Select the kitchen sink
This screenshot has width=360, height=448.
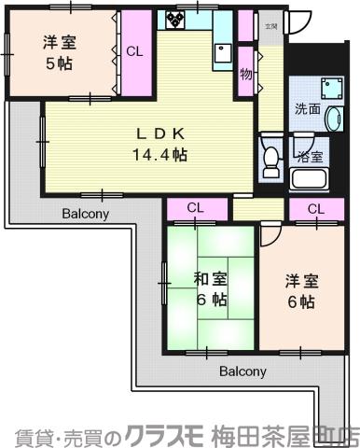tap(221, 50)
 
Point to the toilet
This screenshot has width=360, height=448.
tap(270, 158)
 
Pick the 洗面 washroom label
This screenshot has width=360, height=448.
tap(307, 108)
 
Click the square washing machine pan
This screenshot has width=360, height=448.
tap(330, 88)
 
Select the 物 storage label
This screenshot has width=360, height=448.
tap(246, 74)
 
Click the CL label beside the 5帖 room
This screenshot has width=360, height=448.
tap(135, 51)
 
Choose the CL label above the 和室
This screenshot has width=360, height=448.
tap(195, 208)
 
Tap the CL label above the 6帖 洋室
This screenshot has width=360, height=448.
tap(315, 208)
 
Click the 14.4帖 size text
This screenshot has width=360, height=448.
tap(160, 155)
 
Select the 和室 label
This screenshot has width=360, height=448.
tap(212, 278)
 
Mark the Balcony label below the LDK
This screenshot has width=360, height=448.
tap(86, 213)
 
